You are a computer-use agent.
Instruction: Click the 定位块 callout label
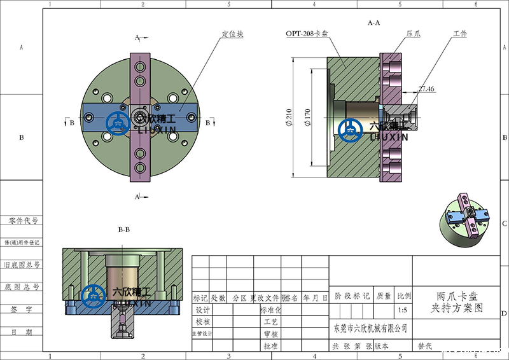tap(232, 34)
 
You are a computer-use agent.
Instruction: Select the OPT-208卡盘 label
tap(307, 34)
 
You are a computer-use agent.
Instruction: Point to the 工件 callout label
tap(460, 34)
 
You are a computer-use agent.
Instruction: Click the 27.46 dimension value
tap(426, 90)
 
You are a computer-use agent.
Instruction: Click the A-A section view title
tap(373, 23)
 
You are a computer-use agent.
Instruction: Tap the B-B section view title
tap(124, 229)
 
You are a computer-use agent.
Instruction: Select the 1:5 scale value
tap(403, 311)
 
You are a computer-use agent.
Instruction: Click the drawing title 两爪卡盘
tap(457, 296)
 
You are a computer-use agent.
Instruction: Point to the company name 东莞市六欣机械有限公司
tap(370, 329)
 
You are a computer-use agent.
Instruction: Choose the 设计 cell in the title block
tap(202, 310)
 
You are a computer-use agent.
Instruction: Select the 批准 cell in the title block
tap(270, 346)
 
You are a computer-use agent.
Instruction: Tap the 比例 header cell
tap(403, 296)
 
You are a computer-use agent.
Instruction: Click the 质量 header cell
tap(384, 296)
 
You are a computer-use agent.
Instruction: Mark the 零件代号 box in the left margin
tap(22, 221)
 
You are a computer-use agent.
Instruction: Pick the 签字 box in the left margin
tap(22, 310)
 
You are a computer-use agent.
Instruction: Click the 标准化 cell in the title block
tap(270, 310)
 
